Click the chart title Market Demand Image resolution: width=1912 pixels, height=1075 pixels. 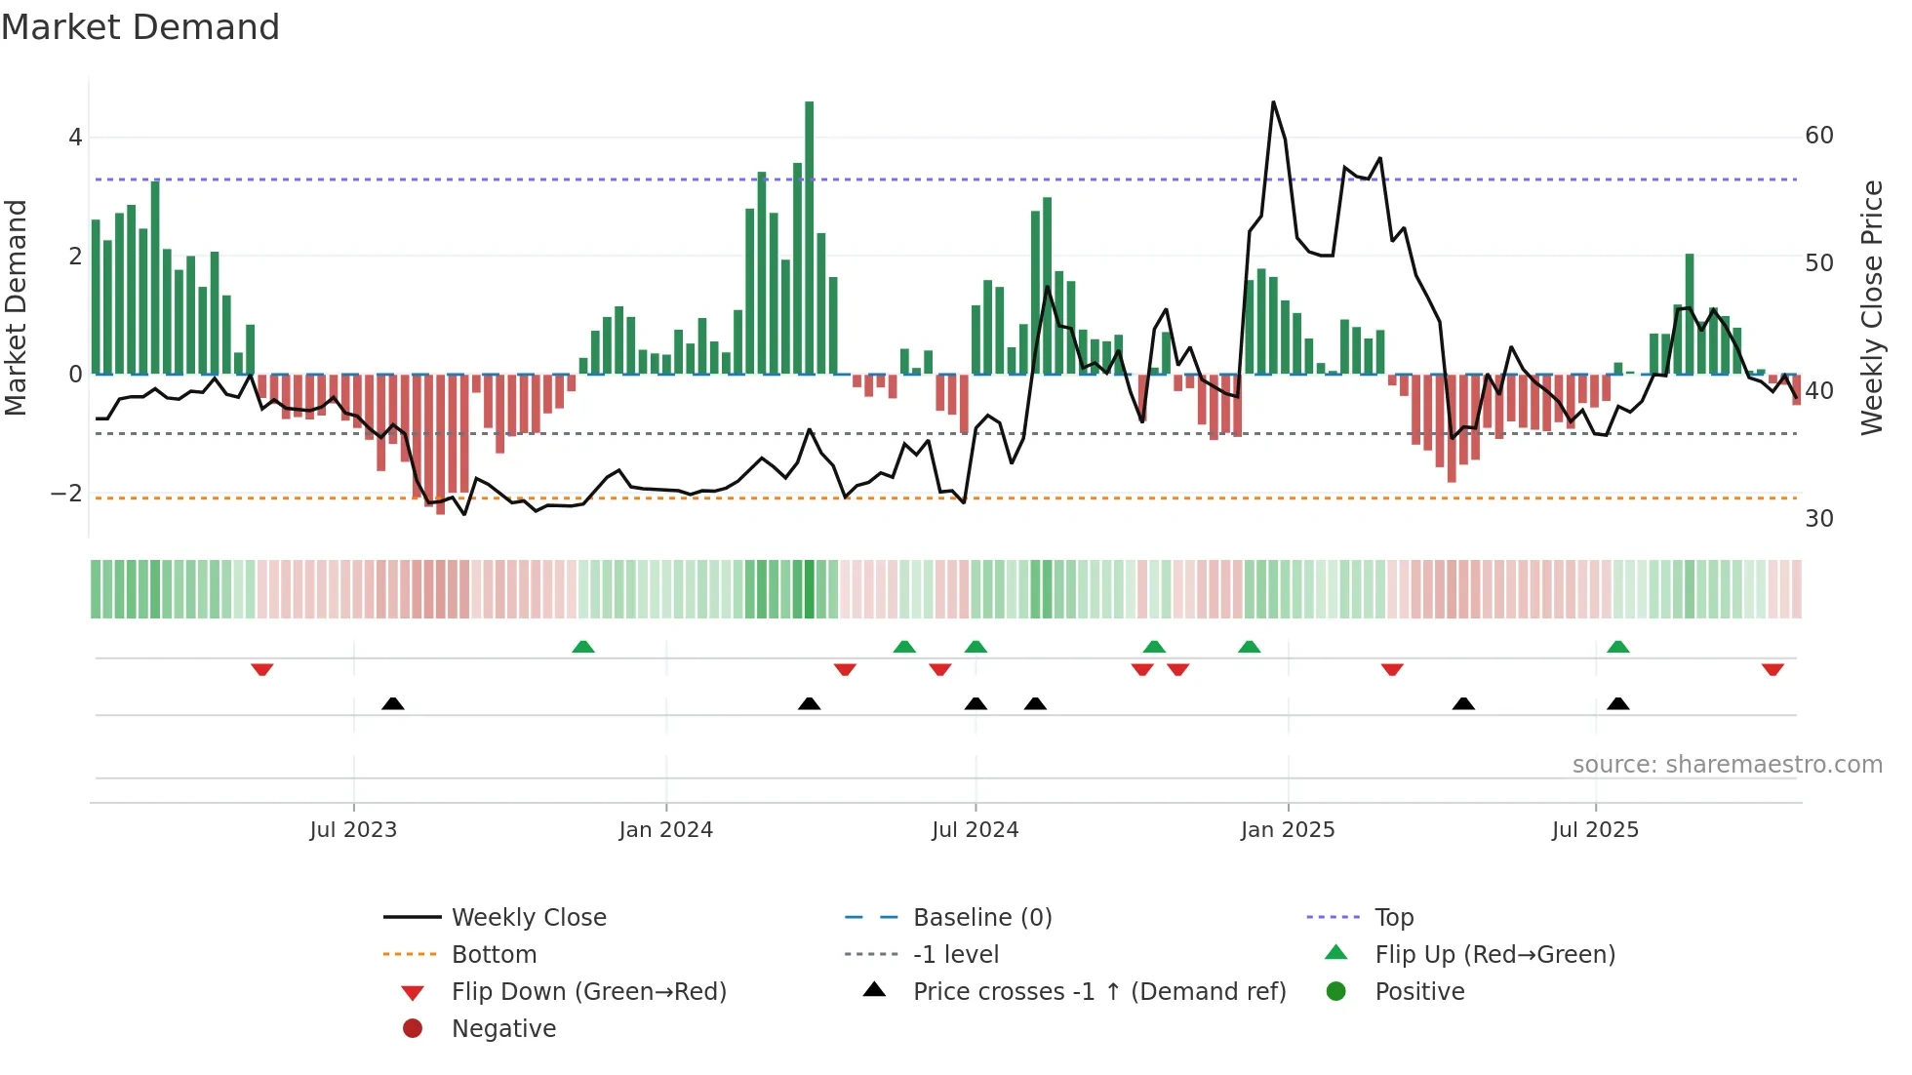140,27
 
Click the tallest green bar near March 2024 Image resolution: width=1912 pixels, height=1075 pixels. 809,234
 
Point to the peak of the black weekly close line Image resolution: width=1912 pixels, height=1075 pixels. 1273,102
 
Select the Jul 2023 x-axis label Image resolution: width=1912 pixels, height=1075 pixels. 353,830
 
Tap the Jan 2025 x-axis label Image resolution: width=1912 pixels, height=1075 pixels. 1287,830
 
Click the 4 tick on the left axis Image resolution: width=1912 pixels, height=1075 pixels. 75,138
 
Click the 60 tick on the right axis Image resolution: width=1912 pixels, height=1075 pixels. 1818,136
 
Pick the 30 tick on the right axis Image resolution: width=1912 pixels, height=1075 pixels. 1818,519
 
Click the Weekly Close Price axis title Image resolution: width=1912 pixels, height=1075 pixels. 1871,307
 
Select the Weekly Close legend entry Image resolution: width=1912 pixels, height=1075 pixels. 528,918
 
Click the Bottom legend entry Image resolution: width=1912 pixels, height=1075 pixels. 494,955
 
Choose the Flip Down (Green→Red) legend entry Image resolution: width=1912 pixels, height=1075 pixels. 588,992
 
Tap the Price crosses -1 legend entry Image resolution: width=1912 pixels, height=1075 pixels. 1098,992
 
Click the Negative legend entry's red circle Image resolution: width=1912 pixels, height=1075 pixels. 413,1029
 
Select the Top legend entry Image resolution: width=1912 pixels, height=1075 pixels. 1393,918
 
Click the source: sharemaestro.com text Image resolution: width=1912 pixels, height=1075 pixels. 1727,765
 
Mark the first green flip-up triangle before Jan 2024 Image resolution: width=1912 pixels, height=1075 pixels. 582,647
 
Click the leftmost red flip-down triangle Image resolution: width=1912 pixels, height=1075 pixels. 261,669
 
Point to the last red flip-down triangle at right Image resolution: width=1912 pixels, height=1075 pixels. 1773,669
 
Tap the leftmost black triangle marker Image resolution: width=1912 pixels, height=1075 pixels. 392,703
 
